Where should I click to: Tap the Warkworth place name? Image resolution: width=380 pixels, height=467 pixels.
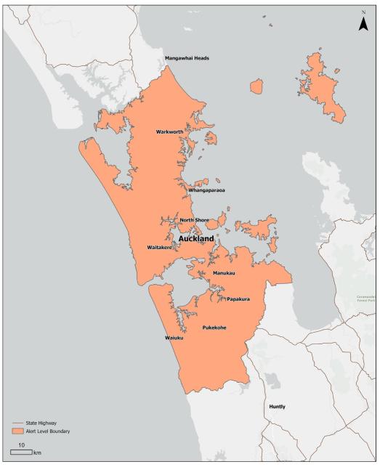173,132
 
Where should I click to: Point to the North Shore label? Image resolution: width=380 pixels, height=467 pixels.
195,220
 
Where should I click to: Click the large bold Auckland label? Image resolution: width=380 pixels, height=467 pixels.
196,238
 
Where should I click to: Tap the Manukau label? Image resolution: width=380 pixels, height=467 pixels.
225,272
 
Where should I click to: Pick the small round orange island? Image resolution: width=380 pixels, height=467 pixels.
256,86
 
